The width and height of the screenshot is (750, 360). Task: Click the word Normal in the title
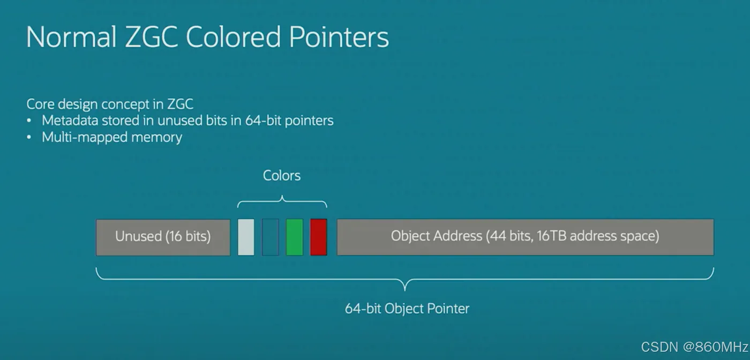click(71, 36)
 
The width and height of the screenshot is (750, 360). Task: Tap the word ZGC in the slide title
click(151, 36)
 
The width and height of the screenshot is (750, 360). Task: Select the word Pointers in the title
click(339, 36)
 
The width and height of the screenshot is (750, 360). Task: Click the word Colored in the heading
click(233, 36)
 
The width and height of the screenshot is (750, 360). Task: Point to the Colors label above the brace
click(282, 176)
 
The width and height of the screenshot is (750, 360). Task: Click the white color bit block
click(246, 237)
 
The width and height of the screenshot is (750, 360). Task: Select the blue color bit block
click(270, 237)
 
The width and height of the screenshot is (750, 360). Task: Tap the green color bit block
click(294, 237)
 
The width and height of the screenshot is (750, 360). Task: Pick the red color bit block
click(318, 237)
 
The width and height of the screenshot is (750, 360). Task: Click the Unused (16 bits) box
click(163, 237)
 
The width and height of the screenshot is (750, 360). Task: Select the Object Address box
click(526, 237)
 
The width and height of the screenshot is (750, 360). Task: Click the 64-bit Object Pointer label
click(407, 309)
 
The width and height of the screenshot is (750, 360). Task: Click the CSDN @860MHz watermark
click(694, 347)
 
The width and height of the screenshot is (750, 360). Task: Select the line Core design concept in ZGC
click(110, 104)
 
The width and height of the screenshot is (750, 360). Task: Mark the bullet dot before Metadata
click(29, 121)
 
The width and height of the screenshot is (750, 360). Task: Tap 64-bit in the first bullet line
click(263, 120)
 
